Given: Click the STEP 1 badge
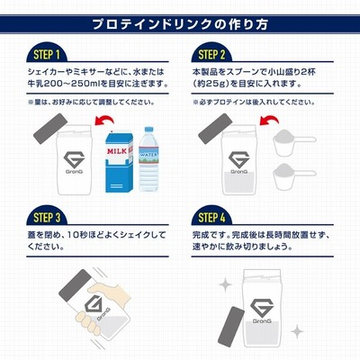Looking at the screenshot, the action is (47, 55).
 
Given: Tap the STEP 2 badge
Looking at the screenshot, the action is (211, 55).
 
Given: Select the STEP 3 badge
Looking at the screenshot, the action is (47, 217).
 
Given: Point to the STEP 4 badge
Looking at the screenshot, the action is (211, 217).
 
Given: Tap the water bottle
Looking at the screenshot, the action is (148, 159).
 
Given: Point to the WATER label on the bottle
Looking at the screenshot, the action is (148, 155).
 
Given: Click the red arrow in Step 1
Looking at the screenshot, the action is (104, 120).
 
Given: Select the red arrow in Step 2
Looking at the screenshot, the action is (269, 120).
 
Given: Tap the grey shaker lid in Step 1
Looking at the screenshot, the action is (49, 128).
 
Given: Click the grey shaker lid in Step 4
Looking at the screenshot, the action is (230, 327).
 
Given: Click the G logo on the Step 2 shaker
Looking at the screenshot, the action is (238, 160).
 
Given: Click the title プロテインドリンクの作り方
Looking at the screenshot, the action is (180, 24).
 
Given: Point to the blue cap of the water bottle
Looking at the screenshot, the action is (148, 130).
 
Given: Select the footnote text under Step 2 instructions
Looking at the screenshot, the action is (254, 103).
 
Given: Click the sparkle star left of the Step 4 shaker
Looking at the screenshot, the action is (225, 284).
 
